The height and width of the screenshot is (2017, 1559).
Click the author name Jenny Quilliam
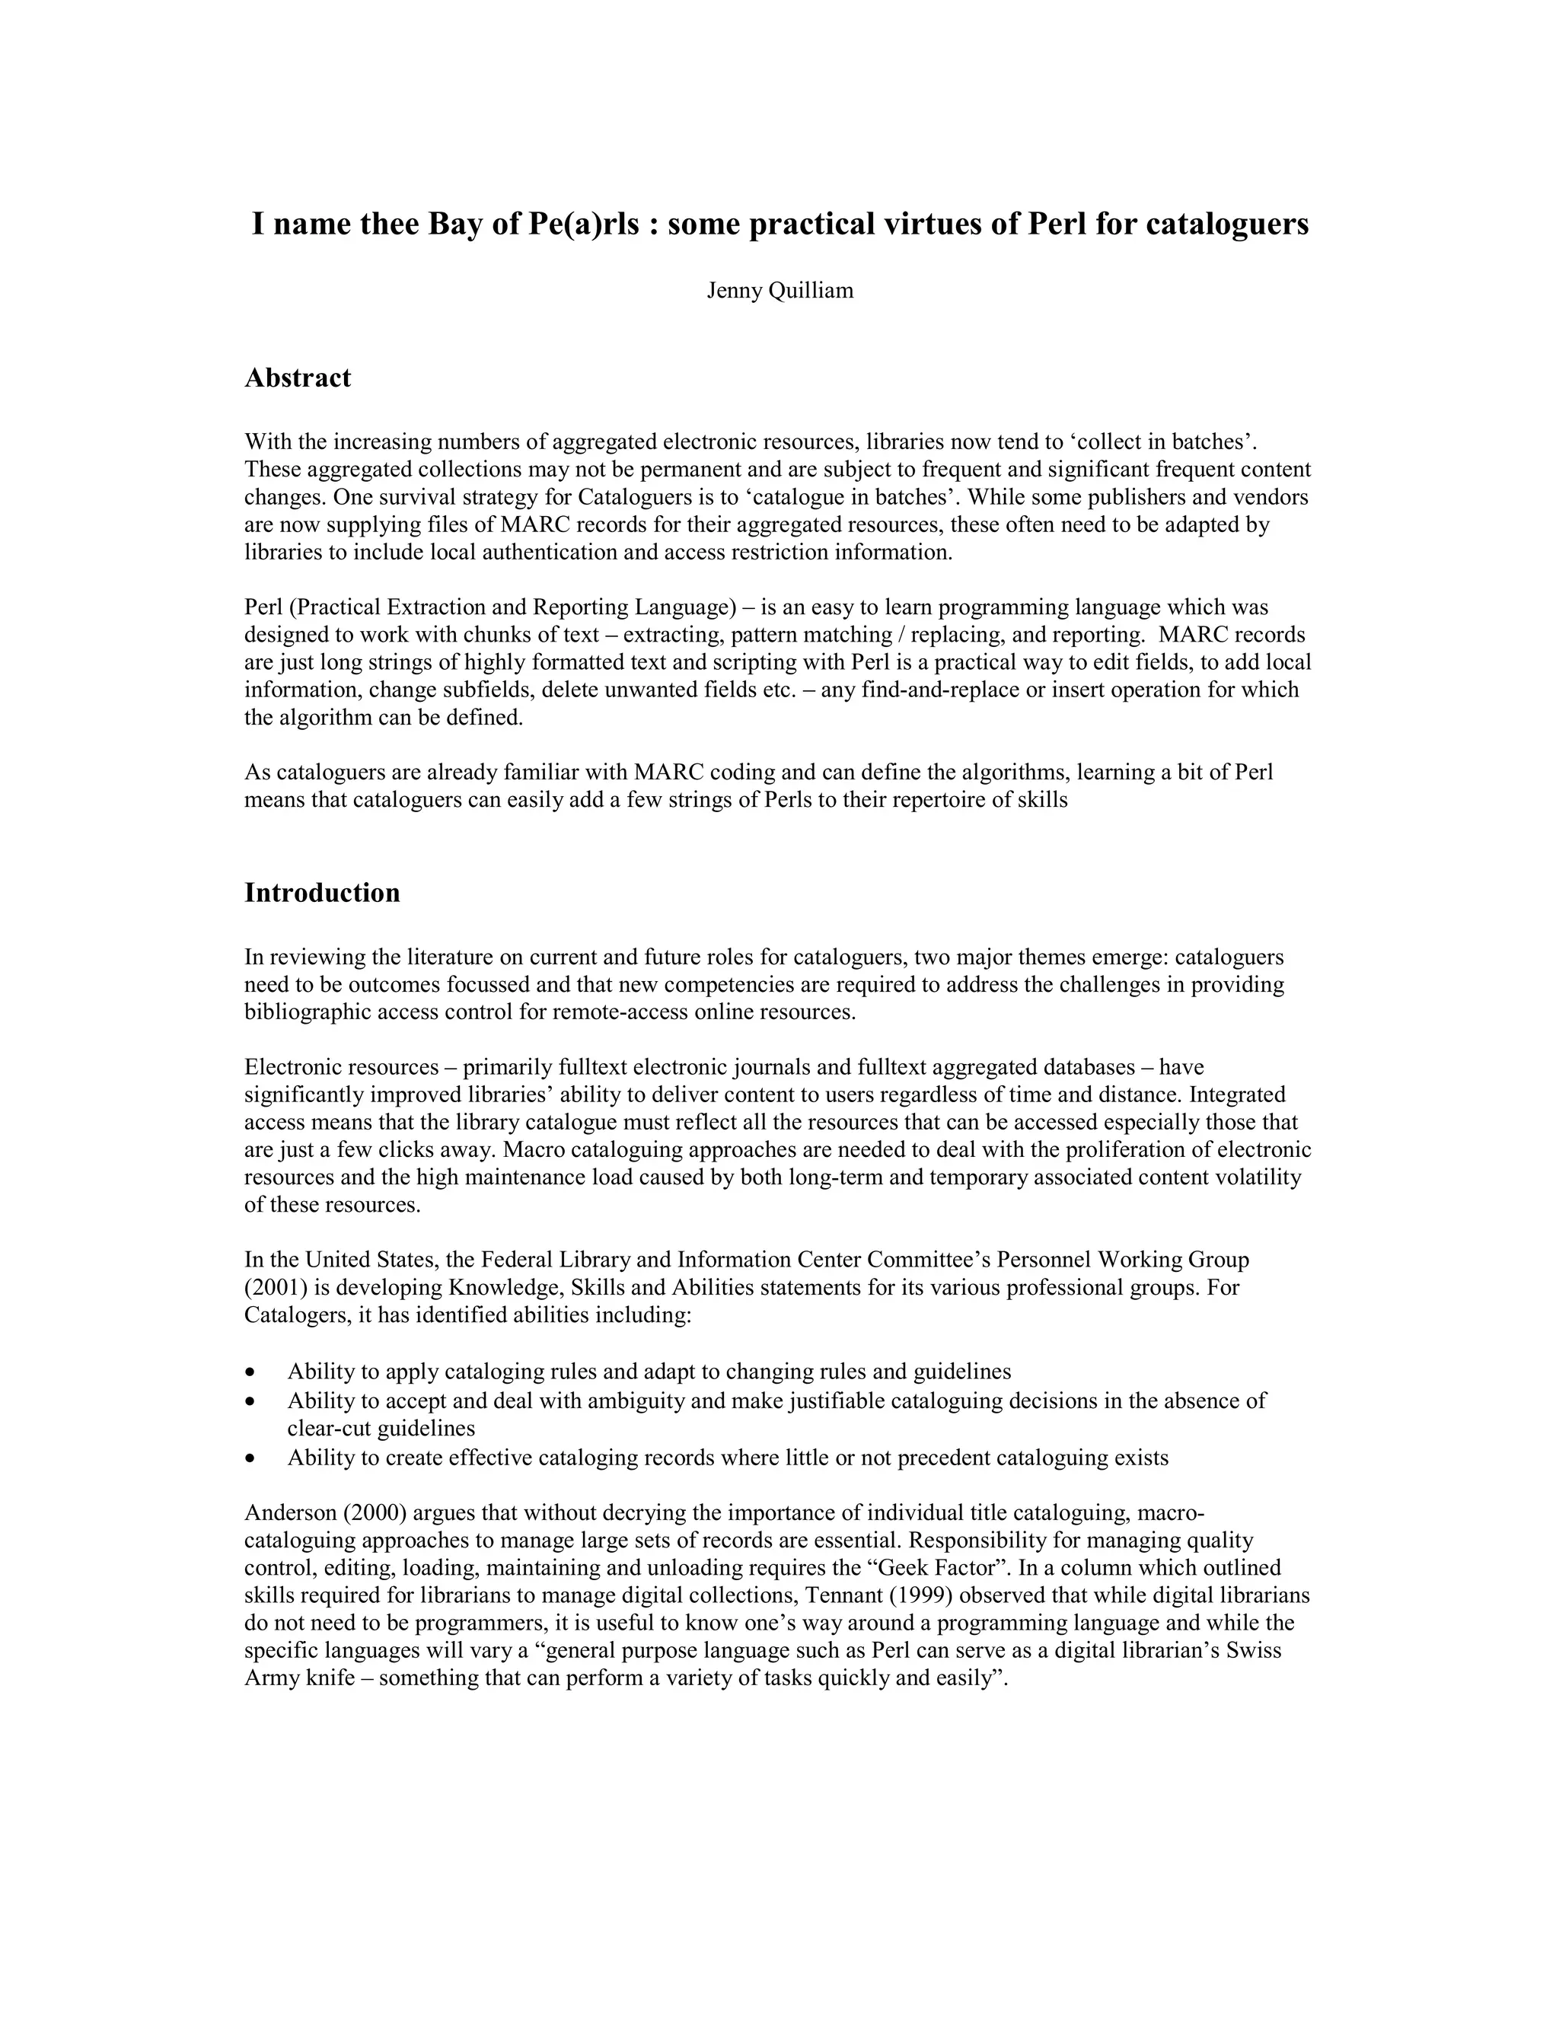point(779,291)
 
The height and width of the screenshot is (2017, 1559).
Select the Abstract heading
point(298,378)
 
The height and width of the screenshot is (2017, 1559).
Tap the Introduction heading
point(321,893)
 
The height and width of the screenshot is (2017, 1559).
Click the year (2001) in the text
point(274,1287)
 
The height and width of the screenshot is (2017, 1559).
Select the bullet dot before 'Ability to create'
point(250,1459)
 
